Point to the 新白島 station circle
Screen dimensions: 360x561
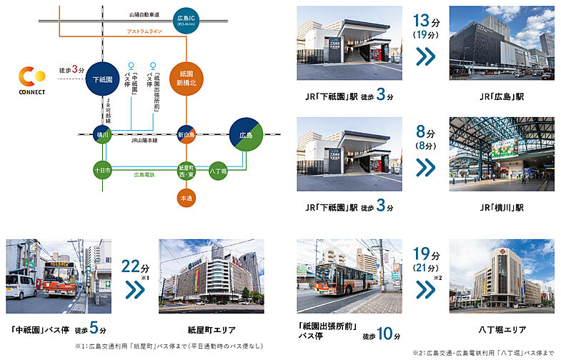pyautogui.click(x=187, y=134)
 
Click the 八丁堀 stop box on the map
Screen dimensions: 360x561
pyautogui.click(x=218, y=171)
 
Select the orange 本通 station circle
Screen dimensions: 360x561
pyautogui.click(x=187, y=197)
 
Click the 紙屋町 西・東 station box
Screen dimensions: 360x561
pyautogui.click(x=187, y=171)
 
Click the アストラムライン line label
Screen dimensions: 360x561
pyautogui.click(x=144, y=31)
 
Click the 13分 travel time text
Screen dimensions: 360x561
pyautogui.click(x=426, y=21)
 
